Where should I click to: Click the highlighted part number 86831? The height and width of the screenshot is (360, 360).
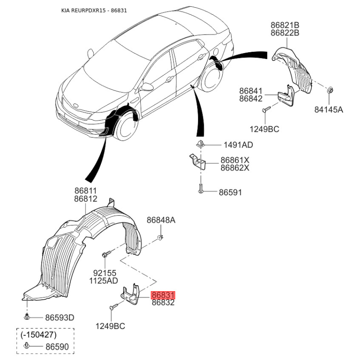click(x=163, y=295)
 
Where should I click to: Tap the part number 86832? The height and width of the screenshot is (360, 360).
click(x=163, y=302)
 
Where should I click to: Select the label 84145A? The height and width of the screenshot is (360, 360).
click(x=328, y=110)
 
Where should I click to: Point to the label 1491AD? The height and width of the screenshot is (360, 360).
click(x=238, y=145)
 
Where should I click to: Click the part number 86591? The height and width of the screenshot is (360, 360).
click(x=230, y=193)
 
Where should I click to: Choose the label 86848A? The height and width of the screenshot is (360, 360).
click(x=161, y=220)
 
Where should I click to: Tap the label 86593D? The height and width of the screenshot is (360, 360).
click(x=60, y=318)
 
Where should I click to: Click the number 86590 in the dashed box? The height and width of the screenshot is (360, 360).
click(x=57, y=346)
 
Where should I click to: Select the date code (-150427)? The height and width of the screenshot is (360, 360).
click(x=38, y=335)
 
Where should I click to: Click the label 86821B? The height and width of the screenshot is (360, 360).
click(x=285, y=25)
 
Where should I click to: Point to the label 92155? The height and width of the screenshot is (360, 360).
click(x=105, y=273)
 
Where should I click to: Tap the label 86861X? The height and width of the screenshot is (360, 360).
click(x=235, y=160)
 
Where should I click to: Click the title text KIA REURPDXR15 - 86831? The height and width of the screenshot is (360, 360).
click(x=94, y=10)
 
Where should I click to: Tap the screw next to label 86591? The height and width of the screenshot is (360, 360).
click(x=201, y=188)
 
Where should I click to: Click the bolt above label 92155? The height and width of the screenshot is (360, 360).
click(x=106, y=254)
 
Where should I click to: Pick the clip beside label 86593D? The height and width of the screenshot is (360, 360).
click(x=27, y=317)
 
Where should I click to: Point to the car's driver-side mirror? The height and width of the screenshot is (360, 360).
click(x=148, y=86)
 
